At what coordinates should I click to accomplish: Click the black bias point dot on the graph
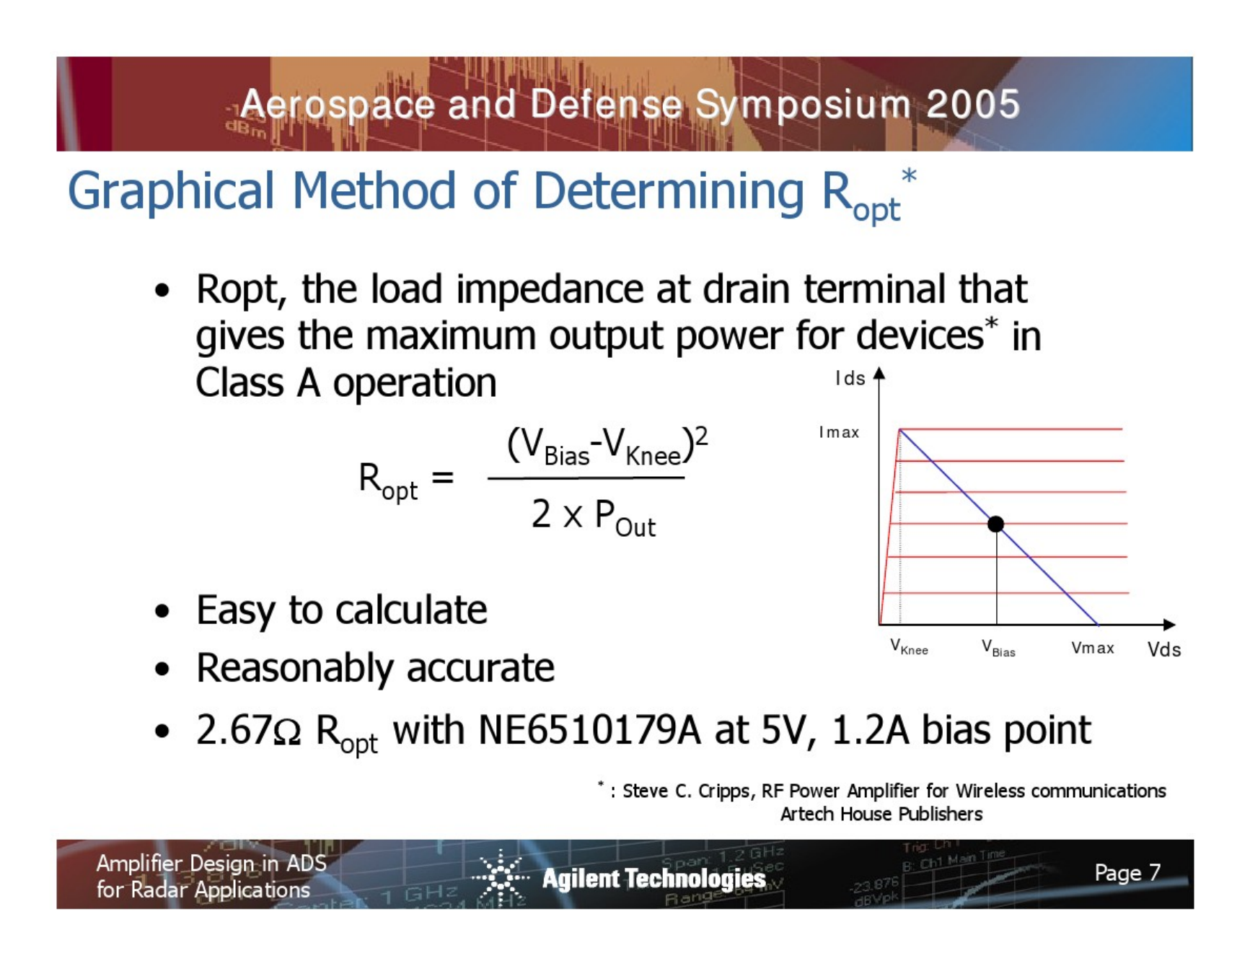995,524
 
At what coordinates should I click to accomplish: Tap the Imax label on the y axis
839,432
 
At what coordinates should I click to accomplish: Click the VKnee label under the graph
909,646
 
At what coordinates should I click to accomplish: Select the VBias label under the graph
998,648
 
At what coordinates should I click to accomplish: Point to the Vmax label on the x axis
1092,648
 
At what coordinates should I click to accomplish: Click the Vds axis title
1163,649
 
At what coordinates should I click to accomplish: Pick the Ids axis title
850,378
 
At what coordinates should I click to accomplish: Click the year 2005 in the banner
973,105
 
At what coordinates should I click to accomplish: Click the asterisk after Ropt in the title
909,176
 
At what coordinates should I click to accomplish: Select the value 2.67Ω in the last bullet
248,730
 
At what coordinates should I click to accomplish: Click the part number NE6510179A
589,730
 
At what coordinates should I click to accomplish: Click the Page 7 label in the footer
1127,873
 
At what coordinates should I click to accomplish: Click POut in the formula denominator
625,519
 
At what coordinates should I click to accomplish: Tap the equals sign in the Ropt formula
442,477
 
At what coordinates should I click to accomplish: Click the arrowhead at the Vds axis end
1169,625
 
